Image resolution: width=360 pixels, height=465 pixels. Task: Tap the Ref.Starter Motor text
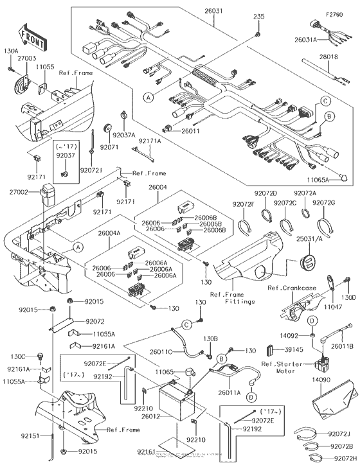(x=286, y=367)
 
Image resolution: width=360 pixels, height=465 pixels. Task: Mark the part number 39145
(x=291, y=351)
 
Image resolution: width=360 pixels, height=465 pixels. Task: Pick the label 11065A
(x=319, y=182)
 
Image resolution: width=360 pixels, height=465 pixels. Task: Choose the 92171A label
(x=150, y=140)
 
